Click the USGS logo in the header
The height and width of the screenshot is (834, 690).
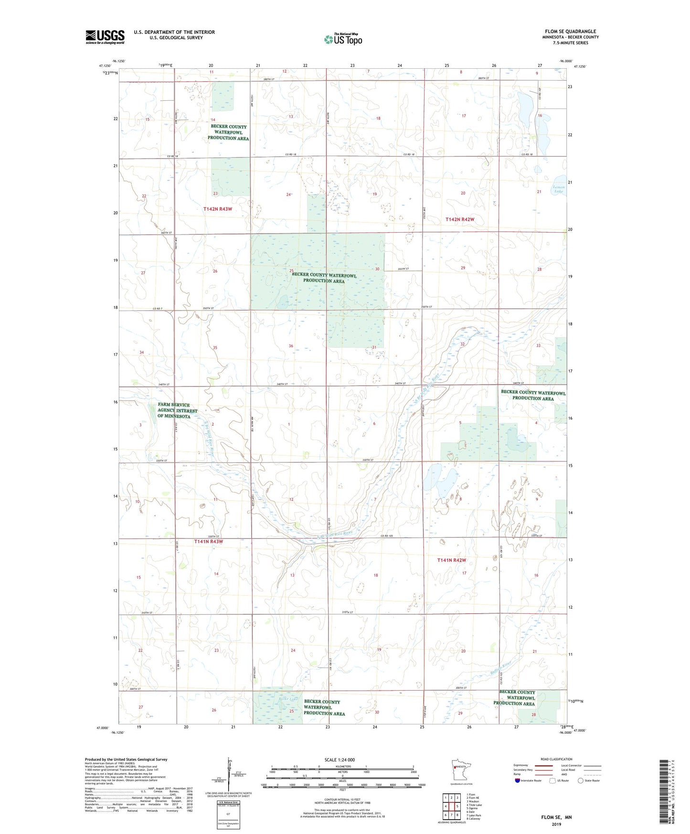pos(105,36)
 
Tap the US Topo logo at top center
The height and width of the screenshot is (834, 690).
pos(343,39)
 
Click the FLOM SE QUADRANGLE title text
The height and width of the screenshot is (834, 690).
pos(570,32)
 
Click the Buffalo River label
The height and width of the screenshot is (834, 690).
pos(501,667)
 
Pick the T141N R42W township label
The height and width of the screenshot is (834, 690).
pos(452,560)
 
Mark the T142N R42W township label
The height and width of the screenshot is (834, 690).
pos(460,219)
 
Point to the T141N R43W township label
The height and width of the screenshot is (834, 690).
pos(209,542)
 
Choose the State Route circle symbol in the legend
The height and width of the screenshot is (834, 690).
pos(581,781)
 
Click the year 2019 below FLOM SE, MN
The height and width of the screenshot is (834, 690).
pos(556,824)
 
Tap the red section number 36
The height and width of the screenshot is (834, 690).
pos(291,346)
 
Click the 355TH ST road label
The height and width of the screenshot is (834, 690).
pos(403,269)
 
